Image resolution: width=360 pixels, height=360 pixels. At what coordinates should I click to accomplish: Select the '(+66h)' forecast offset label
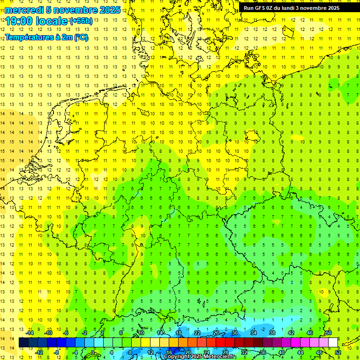coord(81,21)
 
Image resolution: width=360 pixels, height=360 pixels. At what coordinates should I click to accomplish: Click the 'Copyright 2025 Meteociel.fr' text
coord(200,357)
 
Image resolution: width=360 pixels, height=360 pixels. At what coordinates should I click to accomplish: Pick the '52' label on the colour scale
coord(338,352)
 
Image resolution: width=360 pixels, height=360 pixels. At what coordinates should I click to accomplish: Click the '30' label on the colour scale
coord(235,333)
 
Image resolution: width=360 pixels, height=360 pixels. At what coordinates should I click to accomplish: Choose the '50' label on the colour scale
coord(329,333)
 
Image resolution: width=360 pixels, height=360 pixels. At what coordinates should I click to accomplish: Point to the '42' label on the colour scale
coord(291,333)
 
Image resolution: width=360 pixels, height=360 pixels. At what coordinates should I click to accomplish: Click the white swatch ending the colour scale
coord(333,342)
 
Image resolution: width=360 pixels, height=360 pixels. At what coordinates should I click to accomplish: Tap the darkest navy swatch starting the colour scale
coord(23,342)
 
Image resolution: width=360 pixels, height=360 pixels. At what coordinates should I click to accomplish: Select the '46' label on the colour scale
coord(310,333)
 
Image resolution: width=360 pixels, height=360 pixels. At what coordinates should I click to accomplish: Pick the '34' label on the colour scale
coord(254,333)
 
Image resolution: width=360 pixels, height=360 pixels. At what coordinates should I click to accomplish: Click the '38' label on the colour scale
coord(272,333)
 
